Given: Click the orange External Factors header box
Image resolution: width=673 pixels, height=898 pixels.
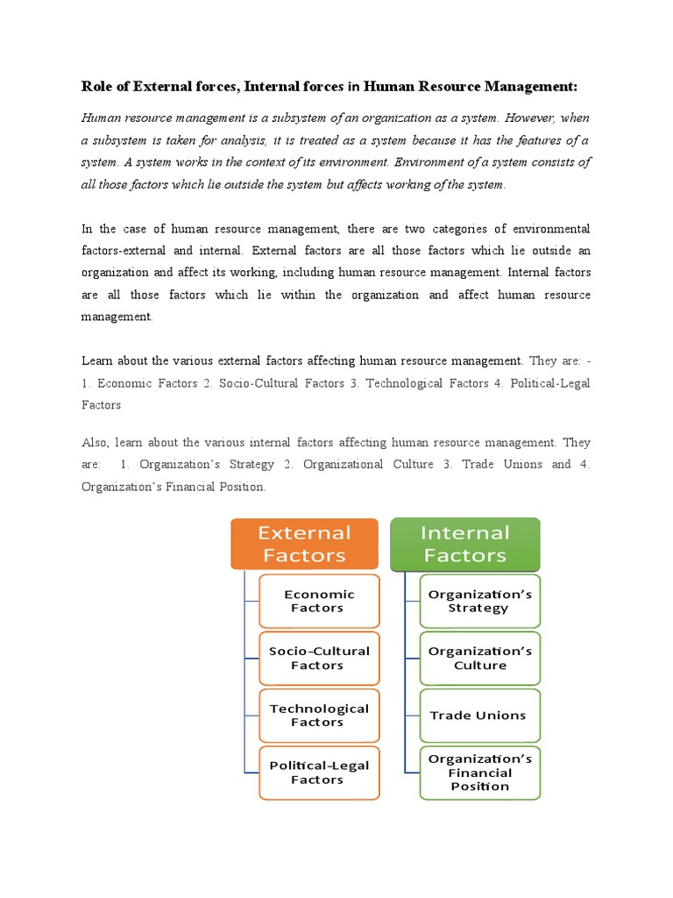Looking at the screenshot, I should click(x=304, y=544).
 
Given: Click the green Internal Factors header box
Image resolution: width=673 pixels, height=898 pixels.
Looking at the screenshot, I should click(x=464, y=544).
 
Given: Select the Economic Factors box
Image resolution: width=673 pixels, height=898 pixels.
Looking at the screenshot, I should click(x=319, y=601).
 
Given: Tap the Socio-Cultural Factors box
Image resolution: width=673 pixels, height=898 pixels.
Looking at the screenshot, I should click(x=319, y=658).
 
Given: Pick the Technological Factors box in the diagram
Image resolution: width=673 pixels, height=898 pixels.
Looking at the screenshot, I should click(x=319, y=715).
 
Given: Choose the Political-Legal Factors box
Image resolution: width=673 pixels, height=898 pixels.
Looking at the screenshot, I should click(x=319, y=773).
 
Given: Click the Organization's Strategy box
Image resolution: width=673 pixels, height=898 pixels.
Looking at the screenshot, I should click(x=479, y=601).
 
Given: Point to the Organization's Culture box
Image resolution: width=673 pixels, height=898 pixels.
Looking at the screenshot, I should click(x=479, y=658).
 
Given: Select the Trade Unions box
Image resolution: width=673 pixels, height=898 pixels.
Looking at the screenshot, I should click(x=479, y=715).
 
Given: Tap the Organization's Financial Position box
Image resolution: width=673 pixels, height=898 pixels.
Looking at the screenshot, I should click(x=479, y=773).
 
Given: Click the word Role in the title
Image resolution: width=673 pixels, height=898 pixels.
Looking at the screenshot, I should click(x=96, y=86).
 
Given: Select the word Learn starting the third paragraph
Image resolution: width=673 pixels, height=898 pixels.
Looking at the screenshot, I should click(x=97, y=360).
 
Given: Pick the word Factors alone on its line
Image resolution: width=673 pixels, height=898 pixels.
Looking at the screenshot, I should click(x=101, y=405).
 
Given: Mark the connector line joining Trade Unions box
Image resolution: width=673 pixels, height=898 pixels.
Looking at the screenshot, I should click(x=412, y=715).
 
